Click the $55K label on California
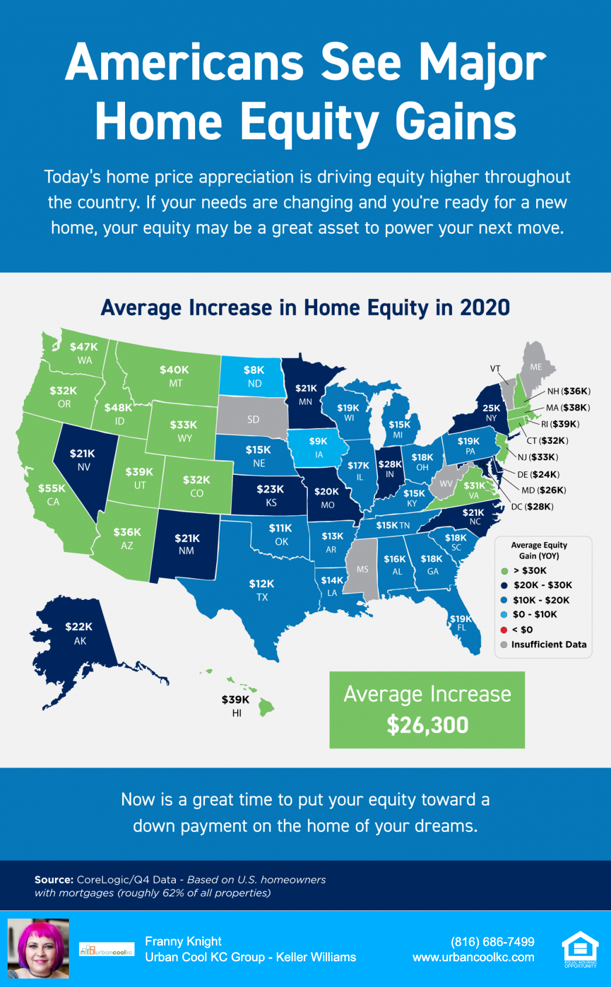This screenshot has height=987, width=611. (52, 488)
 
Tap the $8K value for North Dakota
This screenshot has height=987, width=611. (254, 370)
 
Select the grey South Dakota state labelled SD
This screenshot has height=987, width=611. (253, 419)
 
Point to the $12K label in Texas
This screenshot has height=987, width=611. (261, 584)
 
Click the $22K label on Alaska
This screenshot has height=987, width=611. (79, 627)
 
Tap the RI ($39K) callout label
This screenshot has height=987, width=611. (560, 424)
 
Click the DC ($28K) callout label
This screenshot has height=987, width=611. (532, 506)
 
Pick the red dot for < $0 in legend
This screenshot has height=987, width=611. (504, 630)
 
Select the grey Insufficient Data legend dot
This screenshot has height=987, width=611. (504, 644)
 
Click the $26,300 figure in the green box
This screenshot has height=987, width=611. (427, 725)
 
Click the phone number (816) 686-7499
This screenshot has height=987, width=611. (492, 941)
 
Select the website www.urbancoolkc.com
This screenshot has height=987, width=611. (473, 957)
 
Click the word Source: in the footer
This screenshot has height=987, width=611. (54, 879)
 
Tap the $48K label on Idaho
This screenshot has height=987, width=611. (118, 408)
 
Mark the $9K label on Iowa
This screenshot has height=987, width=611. (318, 441)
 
